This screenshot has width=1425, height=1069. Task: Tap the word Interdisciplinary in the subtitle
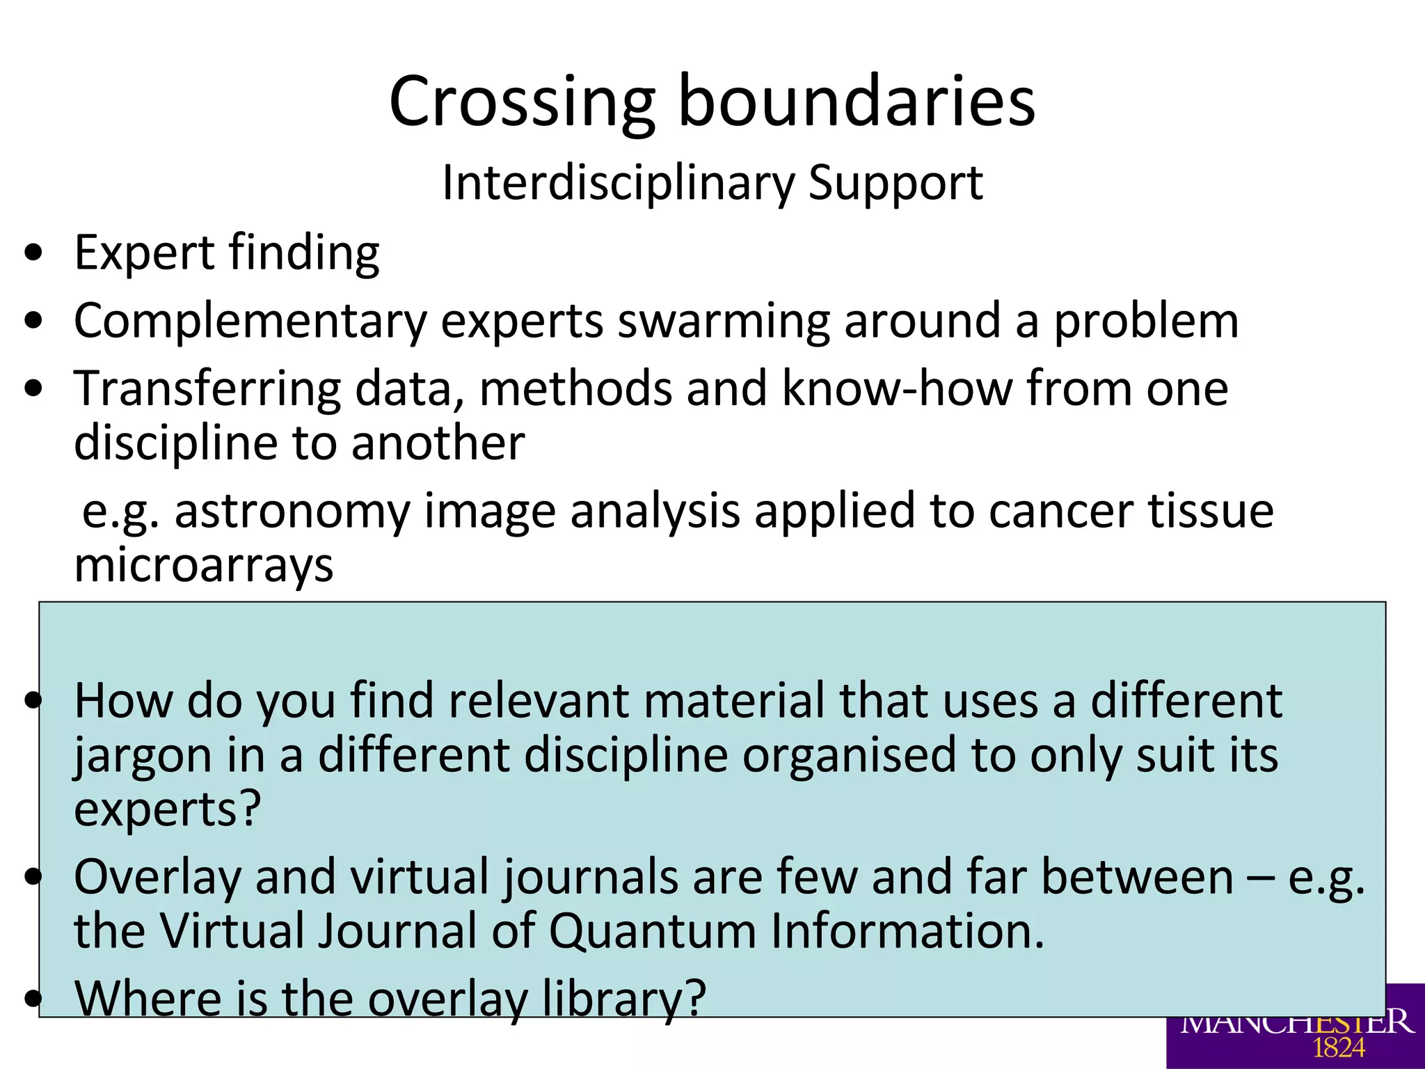[617, 182]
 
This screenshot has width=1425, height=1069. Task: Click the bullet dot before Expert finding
[33, 253]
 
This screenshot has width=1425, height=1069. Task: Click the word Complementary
[250, 321]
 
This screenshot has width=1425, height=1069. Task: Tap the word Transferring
[207, 388]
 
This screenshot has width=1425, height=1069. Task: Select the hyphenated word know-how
[897, 388]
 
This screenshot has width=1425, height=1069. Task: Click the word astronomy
[292, 512]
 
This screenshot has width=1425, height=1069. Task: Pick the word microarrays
[203, 565]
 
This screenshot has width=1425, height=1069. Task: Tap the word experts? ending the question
[167, 809]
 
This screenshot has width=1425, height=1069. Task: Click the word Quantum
[652, 931]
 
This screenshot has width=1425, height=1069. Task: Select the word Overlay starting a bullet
[157, 878]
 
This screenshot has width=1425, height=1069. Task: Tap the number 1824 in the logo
[1339, 1047]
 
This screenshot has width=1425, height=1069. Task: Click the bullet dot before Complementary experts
[33, 321]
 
